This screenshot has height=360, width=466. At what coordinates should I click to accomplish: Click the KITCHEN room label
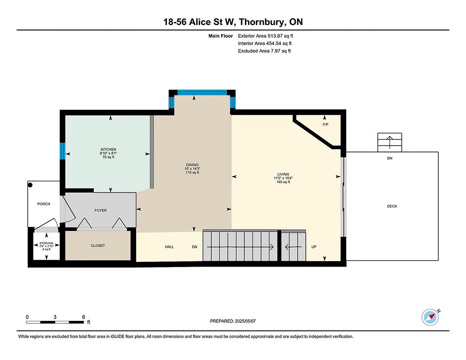(108, 149)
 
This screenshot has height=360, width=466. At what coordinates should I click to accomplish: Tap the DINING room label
(192, 165)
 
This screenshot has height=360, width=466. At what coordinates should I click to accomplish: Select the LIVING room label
(283, 174)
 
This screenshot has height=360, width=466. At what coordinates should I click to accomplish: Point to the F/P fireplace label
(325, 125)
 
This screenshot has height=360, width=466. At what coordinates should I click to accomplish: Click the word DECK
(392, 206)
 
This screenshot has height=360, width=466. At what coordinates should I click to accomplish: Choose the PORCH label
(44, 204)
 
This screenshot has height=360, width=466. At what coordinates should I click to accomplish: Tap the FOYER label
(101, 210)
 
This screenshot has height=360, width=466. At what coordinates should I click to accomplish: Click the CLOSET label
(98, 246)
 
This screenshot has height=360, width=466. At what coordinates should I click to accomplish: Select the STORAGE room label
(46, 243)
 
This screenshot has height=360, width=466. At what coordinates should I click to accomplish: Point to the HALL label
(169, 247)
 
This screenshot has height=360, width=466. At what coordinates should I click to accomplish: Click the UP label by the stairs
(314, 247)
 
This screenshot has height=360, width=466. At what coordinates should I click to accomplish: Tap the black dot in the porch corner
(30, 185)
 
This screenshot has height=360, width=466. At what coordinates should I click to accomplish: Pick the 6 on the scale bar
(84, 317)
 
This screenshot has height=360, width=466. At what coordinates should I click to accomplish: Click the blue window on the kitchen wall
(62, 151)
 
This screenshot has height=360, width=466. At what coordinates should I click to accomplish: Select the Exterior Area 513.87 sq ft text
(265, 36)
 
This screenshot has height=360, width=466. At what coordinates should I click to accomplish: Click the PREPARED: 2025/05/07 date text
(233, 321)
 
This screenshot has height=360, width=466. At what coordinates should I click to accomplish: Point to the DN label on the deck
(390, 158)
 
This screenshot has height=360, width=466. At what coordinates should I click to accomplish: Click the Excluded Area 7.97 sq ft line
(264, 51)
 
